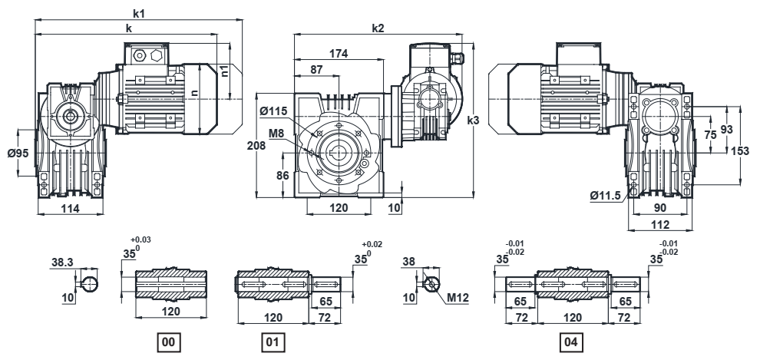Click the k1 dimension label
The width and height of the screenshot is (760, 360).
click(139, 14)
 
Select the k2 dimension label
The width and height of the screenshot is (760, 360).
click(378, 28)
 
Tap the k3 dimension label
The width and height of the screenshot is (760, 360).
click(473, 121)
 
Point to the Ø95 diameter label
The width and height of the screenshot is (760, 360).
click(18, 153)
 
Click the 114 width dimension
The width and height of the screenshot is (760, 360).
click(71, 208)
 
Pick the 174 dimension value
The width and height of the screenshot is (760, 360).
click(339, 54)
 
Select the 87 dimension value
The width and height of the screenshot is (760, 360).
click(316, 69)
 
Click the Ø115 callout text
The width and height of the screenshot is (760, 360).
click(273, 111)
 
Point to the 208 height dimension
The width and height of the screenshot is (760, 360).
click(256, 145)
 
